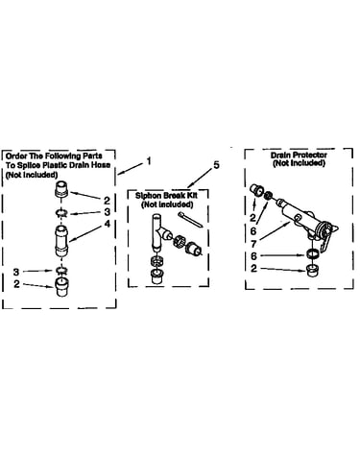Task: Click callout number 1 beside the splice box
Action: tap(148, 160)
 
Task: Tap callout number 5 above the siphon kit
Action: tap(217, 165)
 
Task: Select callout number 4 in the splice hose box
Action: tap(108, 224)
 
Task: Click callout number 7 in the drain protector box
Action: tap(253, 244)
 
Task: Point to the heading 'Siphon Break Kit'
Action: tap(166, 196)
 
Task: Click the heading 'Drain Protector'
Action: tap(299, 155)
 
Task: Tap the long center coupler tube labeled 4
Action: tap(61, 241)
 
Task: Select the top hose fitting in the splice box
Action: tap(62, 190)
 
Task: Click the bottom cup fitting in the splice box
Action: tap(61, 287)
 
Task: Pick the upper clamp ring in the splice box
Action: tap(60, 213)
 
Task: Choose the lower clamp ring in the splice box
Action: tap(60, 271)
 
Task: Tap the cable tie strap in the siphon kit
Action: tap(190, 220)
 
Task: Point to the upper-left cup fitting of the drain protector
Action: tap(255, 190)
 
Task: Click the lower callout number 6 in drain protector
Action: tap(253, 256)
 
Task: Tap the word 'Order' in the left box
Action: tap(16, 156)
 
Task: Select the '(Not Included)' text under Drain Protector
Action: tap(299, 163)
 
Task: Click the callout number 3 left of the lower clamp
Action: tap(16, 272)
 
